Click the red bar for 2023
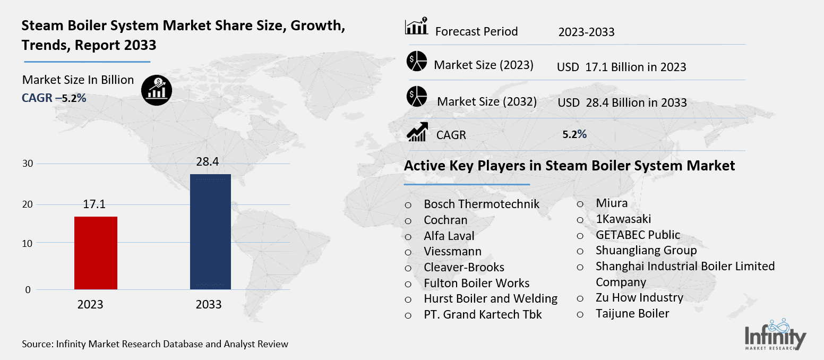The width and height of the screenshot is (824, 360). (x=96, y=253)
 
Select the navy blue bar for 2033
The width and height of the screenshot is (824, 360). (x=210, y=232)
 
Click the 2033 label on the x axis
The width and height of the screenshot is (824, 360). (x=209, y=305)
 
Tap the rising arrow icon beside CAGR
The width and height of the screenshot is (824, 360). (x=417, y=132)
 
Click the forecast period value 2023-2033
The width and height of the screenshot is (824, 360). (x=586, y=32)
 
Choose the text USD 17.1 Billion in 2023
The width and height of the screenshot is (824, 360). (x=621, y=67)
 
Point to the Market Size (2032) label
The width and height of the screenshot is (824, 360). (x=487, y=101)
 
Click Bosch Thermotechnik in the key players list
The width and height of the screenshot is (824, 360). (x=481, y=204)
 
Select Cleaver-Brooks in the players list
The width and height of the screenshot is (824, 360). (x=463, y=267)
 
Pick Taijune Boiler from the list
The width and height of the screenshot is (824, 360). (x=632, y=313)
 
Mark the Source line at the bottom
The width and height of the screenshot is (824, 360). (x=155, y=344)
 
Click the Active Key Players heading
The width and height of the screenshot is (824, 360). (x=569, y=166)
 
